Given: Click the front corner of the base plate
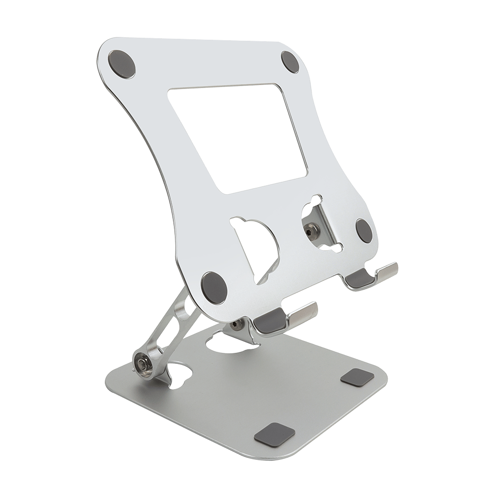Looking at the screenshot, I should click(x=278, y=455).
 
